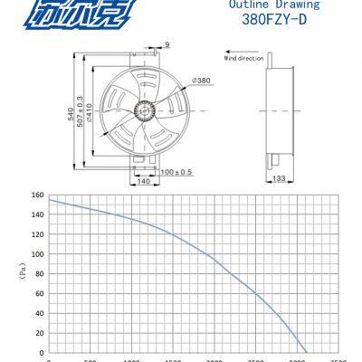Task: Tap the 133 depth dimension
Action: [280, 178]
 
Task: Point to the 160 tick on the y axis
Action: [37, 195]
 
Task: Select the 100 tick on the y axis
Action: [37, 254]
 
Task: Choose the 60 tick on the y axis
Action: [39, 293]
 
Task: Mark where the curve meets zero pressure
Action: [307, 352]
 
